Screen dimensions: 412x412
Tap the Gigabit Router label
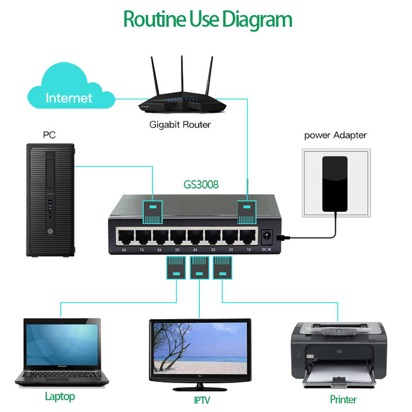click(x=180, y=125)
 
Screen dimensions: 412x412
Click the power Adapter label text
click(x=335, y=135)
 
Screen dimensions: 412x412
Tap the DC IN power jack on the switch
click(x=267, y=236)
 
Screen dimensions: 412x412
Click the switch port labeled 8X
click(x=124, y=237)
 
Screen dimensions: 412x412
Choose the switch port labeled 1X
click(x=247, y=237)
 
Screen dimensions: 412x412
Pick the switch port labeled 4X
click(x=195, y=237)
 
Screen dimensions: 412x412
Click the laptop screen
click(x=62, y=346)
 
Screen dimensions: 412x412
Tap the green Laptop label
click(x=60, y=397)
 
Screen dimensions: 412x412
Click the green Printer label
click(x=343, y=399)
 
